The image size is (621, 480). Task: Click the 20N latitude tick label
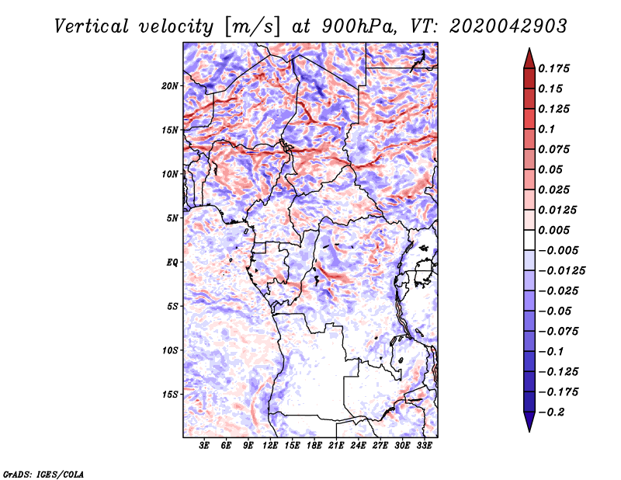click(x=170, y=86)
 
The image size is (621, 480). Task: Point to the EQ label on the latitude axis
click(x=172, y=263)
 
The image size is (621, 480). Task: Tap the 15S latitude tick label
click(x=170, y=395)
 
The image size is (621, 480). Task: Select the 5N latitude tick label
click(x=172, y=218)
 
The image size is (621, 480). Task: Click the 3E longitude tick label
click(x=204, y=446)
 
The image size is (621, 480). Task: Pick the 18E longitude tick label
click(x=314, y=446)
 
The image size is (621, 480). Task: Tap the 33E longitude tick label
click(x=424, y=446)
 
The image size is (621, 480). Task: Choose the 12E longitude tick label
click(x=270, y=446)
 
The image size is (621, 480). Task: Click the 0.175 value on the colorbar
click(x=553, y=68)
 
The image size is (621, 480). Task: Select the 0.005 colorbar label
click(x=553, y=230)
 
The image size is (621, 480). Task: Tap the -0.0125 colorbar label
click(x=561, y=271)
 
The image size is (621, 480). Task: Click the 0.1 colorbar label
click(x=546, y=129)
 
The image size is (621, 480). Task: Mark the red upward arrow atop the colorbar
click(x=529, y=58)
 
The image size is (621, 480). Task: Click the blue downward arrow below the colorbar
click(x=529, y=422)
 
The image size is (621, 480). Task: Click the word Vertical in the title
click(x=92, y=26)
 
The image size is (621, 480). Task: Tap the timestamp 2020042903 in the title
click(x=508, y=26)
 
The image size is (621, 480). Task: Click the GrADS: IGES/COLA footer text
click(x=43, y=474)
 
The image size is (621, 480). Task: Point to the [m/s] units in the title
click(x=252, y=27)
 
